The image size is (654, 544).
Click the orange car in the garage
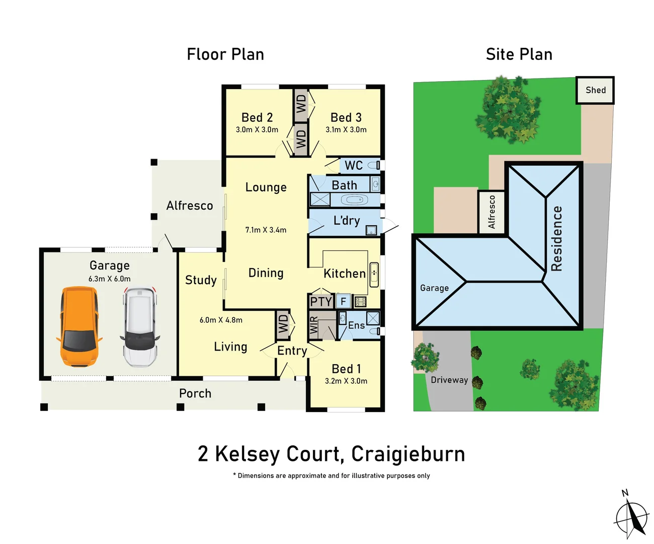(x=79, y=326)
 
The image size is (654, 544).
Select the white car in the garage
(x=140, y=326)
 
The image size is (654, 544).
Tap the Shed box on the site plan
(x=595, y=90)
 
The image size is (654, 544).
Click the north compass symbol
(x=632, y=517)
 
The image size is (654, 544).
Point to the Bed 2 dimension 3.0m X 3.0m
(x=257, y=129)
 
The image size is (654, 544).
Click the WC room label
(x=354, y=165)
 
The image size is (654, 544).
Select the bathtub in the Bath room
(x=354, y=200)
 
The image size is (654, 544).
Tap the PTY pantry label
(x=320, y=301)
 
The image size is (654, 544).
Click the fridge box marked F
(x=344, y=301)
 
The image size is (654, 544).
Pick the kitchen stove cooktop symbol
(x=361, y=302)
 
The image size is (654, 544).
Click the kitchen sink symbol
(x=374, y=275)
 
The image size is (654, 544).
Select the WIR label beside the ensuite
(x=314, y=325)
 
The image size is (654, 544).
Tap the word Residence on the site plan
(x=556, y=238)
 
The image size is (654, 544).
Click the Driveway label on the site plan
(x=449, y=380)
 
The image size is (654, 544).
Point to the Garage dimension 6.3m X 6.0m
(x=110, y=279)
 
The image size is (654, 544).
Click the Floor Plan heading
(x=225, y=54)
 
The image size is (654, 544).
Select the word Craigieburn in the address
(x=408, y=454)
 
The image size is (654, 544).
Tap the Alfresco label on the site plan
(x=492, y=212)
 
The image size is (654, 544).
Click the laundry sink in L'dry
(x=371, y=231)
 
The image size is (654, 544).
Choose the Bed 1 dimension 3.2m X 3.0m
(x=346, y=381)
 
